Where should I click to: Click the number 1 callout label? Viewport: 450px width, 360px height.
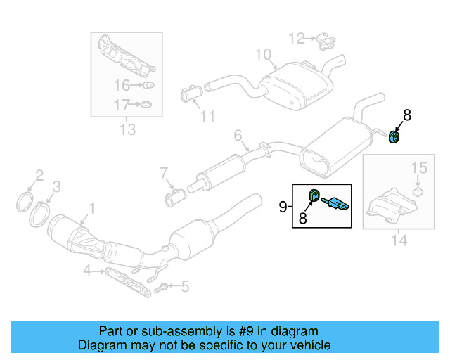click(x=90, y=207)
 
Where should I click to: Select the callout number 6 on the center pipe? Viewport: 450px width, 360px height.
click(x=238, y=134)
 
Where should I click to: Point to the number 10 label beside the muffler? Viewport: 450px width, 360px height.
click(x=262, y=53)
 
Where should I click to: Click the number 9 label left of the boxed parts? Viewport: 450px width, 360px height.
click(x=283, y=206)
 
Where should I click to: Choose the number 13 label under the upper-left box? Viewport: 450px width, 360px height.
click(x=127, y=129)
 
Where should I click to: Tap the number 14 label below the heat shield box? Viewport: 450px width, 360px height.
click(x=399, y=240)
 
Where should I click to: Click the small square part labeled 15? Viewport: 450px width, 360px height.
click(x=417, y=190)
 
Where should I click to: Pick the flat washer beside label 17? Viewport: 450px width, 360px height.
click(x=146, y=105)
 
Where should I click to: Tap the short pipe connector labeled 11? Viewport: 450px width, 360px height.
click(x=191, y=93)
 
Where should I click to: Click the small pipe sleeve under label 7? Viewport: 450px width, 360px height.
click(x=174, y=200)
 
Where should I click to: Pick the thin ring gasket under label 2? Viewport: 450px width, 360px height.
click(x=25, y=202)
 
